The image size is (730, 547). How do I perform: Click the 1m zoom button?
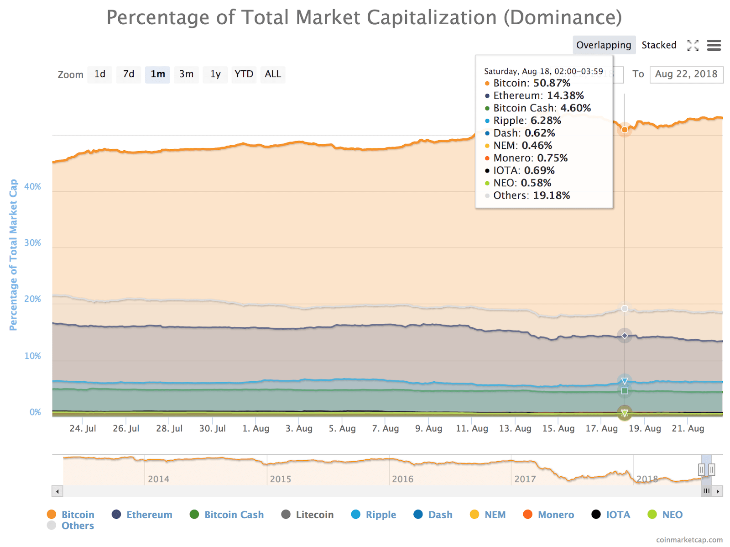click(x=157, y=74)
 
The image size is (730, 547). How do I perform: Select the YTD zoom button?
click(x=244, y=74)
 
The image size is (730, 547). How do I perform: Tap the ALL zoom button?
click(x=273, y=74)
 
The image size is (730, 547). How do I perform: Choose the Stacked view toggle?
click(x=659, y=45)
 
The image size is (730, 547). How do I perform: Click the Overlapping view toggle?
click(x=604, y=45)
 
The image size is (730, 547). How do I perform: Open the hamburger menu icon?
click(x=714, y=45)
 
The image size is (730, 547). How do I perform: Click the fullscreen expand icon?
click(x=693, y=45)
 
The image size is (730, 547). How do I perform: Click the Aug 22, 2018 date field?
click(x=686, y=74)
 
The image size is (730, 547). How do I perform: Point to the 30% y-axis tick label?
click(x=32, y=243)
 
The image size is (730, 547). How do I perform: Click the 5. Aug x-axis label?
click(x=342, y=428)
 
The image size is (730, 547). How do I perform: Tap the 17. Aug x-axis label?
click(x=601, y=428)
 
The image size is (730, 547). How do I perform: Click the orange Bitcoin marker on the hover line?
click(x=625, y=130)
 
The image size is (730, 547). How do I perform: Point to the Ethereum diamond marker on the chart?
click(x=625, y=336)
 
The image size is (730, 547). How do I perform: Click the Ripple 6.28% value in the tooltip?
click(x=546, y=121)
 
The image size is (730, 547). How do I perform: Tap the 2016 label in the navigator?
click(x=402, y=479)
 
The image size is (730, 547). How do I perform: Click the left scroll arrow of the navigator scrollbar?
click(x=57, y=491)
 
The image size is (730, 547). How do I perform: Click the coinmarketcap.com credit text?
click(x=689, y=540)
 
